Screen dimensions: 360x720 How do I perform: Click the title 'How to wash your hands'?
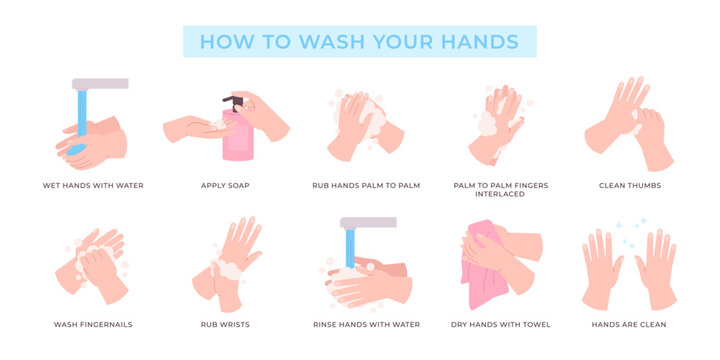[x=359, y=42]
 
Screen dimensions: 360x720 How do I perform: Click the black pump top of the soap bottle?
[x=229, y=102]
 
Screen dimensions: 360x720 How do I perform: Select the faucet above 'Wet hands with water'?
[x=100, y=84]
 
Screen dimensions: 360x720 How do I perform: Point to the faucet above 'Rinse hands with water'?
[x=367, y=223]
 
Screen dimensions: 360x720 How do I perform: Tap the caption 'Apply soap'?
[x=225, y=185]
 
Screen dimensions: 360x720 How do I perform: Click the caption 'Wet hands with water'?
[x=92, y=185]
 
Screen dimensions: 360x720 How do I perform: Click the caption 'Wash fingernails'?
[x=92, y=324]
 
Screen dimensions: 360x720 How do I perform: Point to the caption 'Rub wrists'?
[x=225, y=324]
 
